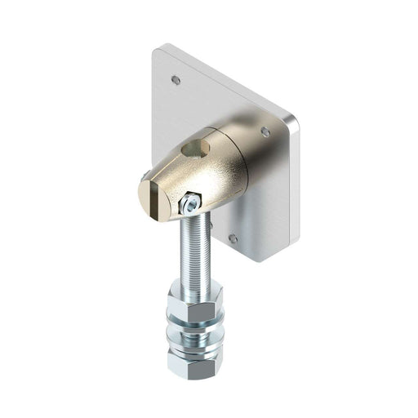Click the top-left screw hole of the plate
(176, 80)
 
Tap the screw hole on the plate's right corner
(265, 131)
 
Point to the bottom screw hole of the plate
(233, 239)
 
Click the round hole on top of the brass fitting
(195, 149)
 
